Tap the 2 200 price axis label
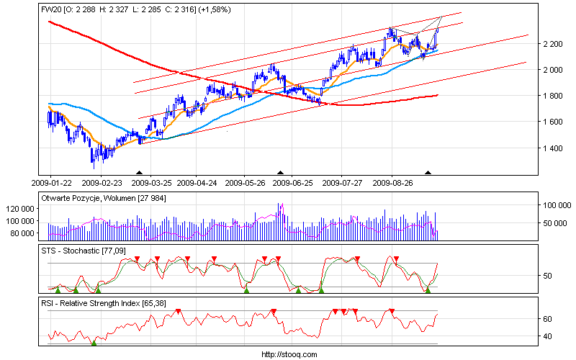pos(554,44)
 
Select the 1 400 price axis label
pos(554,148)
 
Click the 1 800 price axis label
pos(554,96)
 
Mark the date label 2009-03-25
pos(149,183)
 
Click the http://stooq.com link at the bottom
pos(288,354)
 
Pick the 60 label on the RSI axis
pos(548,319)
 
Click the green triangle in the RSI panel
pos(94,342)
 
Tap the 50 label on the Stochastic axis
pos(548,276)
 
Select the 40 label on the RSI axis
pos(548,336)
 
